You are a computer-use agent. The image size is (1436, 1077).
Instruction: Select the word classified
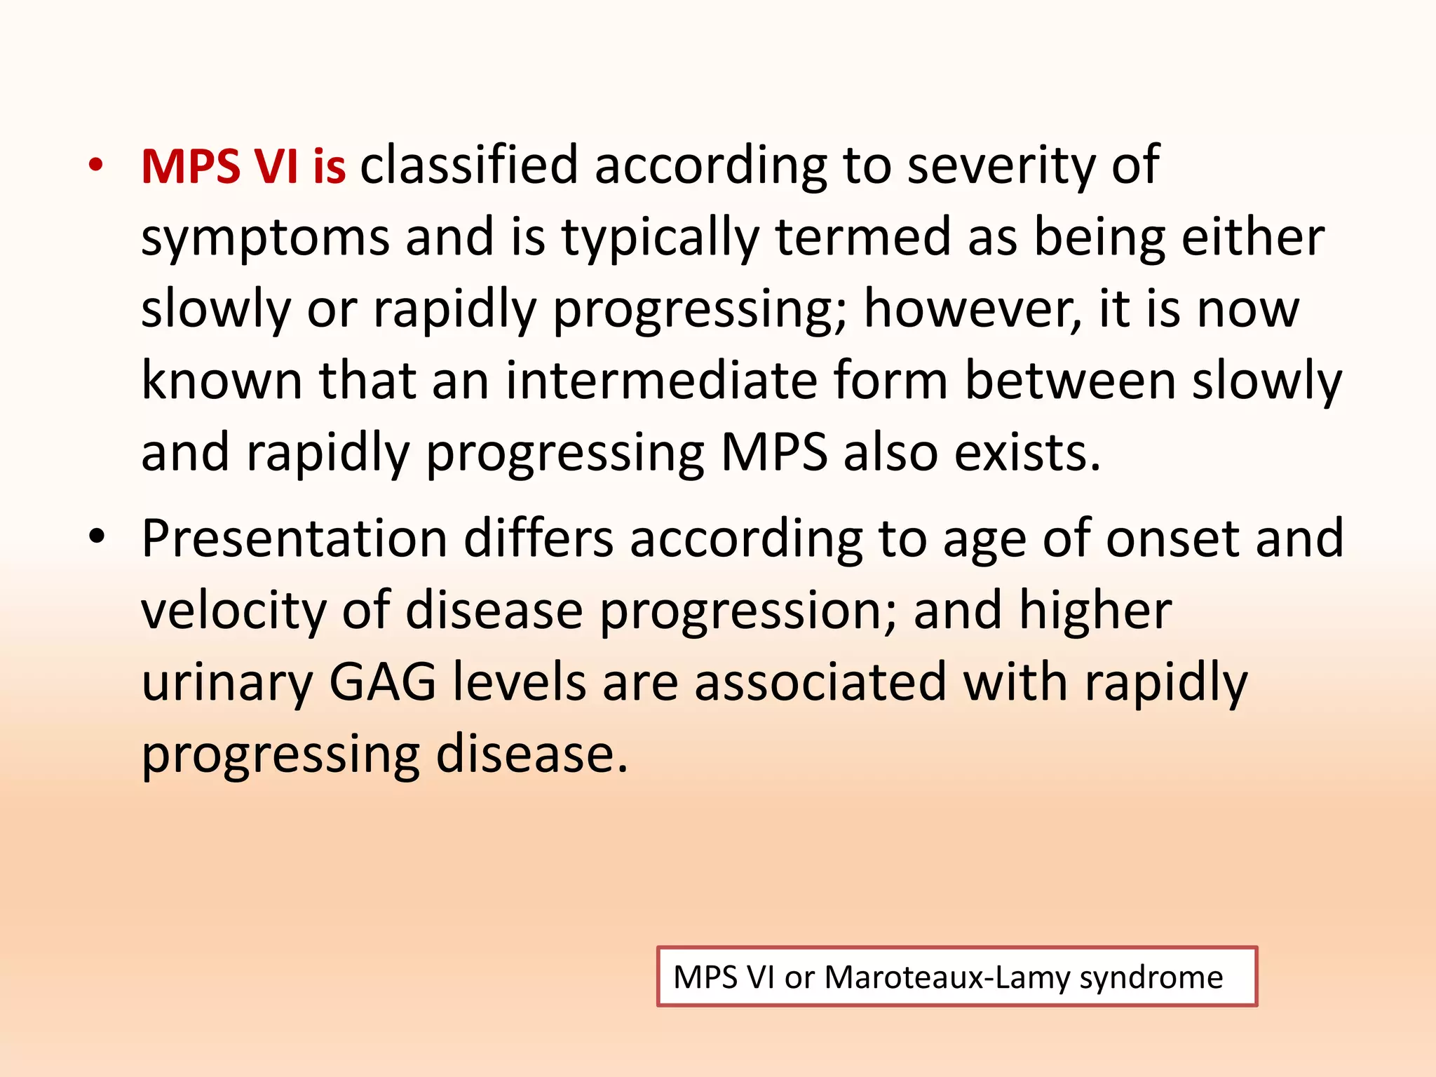coord(469,165)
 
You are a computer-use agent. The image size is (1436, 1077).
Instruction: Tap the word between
coord(1071,381)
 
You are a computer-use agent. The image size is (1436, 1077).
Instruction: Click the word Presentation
coord(294,538)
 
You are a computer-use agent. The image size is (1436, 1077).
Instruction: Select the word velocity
coord(233,611)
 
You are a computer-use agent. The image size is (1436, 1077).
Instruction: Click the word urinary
coord(226,683)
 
